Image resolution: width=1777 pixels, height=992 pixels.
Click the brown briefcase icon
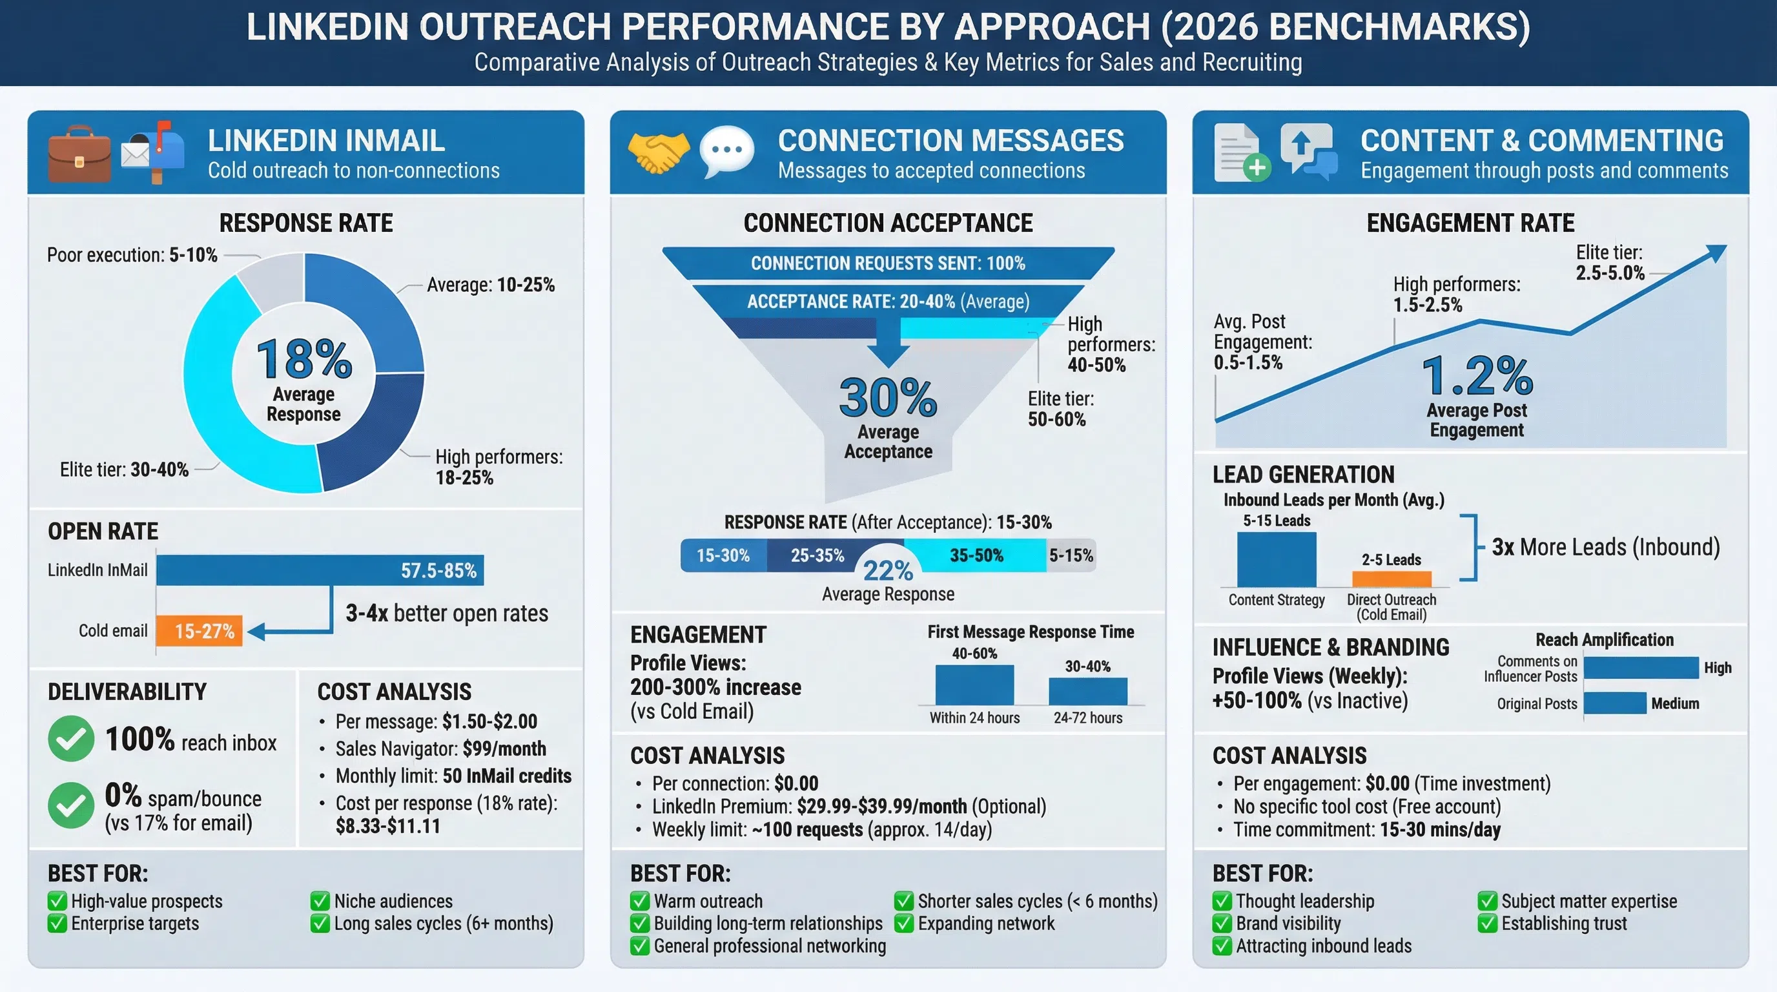point(79,154)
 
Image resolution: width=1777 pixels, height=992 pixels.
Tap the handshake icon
point(658,152)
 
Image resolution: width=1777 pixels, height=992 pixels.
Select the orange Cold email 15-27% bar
point(200,630)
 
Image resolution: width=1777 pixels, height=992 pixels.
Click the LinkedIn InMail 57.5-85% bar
point(320,570)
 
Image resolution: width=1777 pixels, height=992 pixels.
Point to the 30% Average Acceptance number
point(888,398)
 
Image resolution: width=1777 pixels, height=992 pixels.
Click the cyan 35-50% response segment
point(976,555)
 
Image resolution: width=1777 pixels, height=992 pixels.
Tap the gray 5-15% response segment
point(1071,555)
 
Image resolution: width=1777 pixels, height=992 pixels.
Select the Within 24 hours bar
point(974,685)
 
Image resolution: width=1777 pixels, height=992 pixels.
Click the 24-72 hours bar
point(1087,690)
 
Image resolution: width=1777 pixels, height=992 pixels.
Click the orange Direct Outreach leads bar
point(1391,579)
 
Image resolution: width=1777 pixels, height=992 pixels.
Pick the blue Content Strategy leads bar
point(1276,559)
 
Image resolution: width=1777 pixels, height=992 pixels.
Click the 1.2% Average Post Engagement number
point(1476,376)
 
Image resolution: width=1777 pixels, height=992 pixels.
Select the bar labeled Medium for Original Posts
point(1614,703)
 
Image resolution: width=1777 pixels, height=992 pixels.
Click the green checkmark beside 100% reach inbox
point(71,738)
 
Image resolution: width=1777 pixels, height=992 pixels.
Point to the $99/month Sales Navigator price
point(504,749)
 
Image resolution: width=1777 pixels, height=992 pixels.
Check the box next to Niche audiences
point(320,901)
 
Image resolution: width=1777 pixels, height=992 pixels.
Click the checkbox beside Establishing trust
point(1487,923)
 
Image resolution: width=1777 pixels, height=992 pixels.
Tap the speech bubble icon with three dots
point(726,150)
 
